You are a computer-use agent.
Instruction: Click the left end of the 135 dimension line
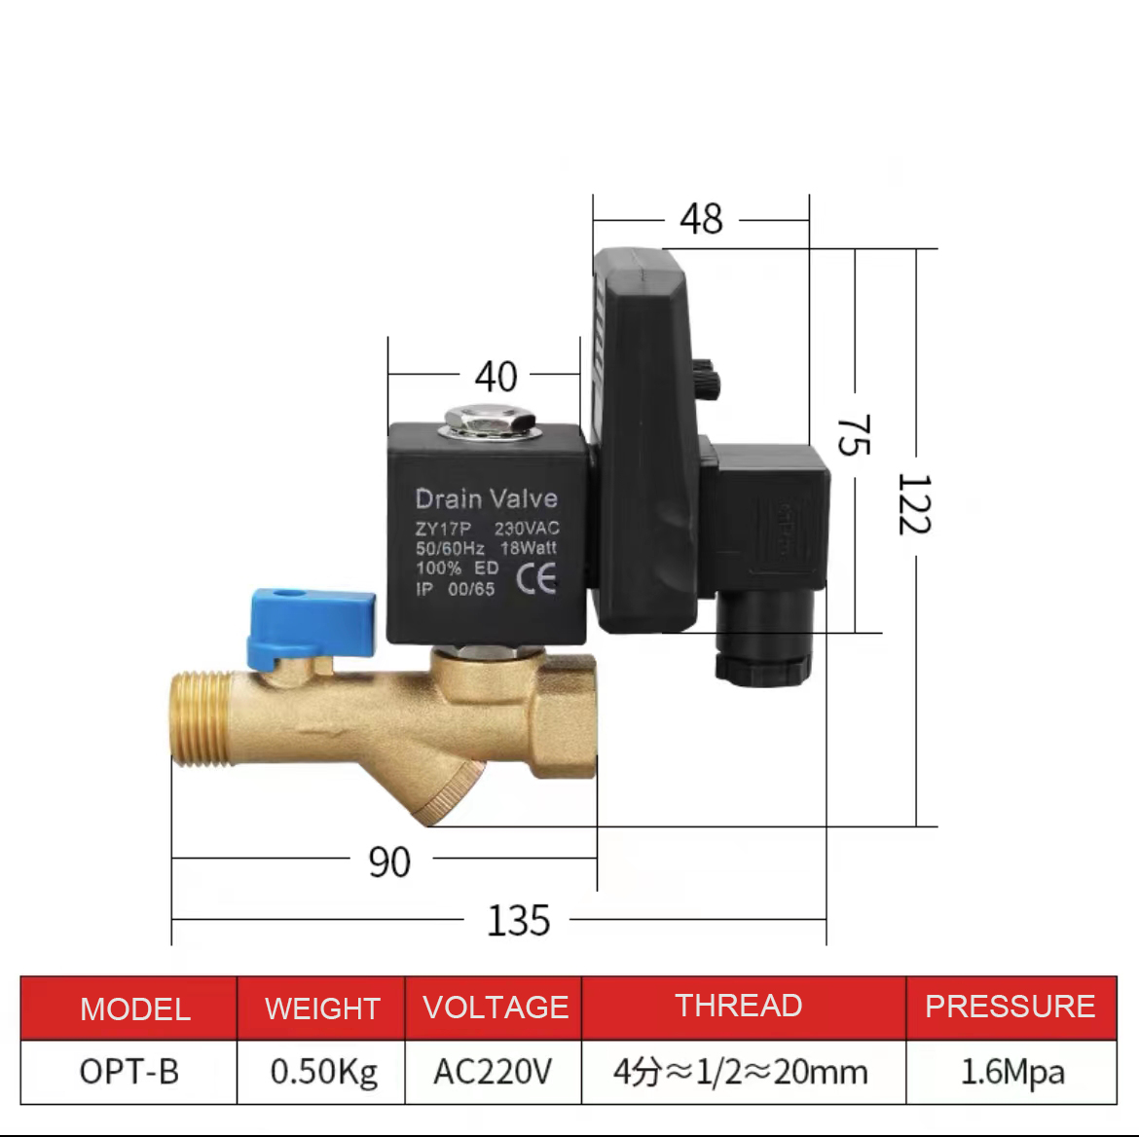tap(172, 919)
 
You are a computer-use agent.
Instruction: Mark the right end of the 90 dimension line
tap(597, 858)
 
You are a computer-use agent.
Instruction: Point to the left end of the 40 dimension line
tap(388, 374)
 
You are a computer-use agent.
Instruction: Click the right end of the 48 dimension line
tap(809, 219)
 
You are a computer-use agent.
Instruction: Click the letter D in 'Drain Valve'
tap(424, 499)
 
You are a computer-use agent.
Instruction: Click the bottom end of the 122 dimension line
tap(917, 826)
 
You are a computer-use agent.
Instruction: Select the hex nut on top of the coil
tap(490, 421)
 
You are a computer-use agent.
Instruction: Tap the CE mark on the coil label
tap(536, 579)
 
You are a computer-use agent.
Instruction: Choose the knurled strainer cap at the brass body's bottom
tap(453, 791)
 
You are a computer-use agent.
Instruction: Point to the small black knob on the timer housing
tap(706, 377)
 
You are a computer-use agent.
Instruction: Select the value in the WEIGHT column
tap(324, 1072)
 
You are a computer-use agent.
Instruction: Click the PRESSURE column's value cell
tap(1011, 1072)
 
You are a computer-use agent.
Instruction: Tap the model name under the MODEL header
tap(129, 1072)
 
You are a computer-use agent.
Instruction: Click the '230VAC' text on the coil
tap(527, 529)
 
